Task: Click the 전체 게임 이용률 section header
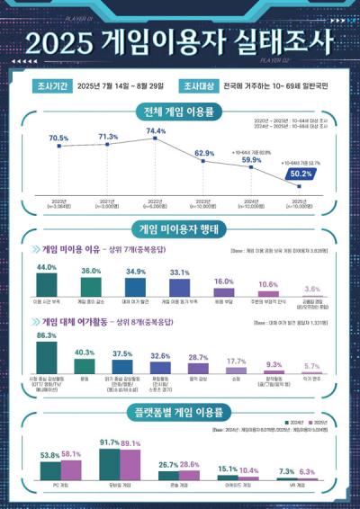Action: [x=179, y=112]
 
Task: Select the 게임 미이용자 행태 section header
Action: [x=179, y=228]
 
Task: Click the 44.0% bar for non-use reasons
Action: [x=47, y=285]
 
